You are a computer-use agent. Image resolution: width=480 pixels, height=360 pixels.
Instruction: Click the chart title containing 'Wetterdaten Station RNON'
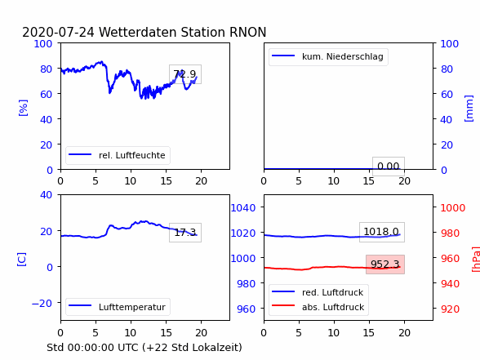[x=144, y=32]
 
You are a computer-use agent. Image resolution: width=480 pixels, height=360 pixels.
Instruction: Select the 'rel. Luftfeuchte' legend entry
[x=117, y=155]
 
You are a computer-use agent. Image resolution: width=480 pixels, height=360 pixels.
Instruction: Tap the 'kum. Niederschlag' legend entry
[x=327, y=56]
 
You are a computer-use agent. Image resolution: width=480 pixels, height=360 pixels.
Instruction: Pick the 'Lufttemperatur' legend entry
[x=117, y=307]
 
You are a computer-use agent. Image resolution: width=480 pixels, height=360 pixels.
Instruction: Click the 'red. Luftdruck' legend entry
[x=318, y=292]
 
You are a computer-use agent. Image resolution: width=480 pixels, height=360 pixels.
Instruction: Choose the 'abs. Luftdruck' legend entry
[x=318, y=307]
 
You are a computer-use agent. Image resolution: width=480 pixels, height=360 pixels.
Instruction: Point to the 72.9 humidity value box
[x=185, y=74]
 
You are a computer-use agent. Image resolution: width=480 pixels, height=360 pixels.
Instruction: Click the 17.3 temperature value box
[x=185, y=233]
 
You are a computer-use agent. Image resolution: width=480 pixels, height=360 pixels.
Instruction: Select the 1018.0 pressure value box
[x=382, y=232]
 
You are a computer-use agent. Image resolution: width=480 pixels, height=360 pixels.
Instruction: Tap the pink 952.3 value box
[x=385, y=264]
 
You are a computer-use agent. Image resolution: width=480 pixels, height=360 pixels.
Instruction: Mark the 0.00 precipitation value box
[x=389, y=167]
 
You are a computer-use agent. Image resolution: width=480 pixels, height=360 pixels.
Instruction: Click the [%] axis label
[x=23, y=108]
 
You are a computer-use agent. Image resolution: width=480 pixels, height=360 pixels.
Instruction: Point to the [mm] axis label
[x=469, y=109]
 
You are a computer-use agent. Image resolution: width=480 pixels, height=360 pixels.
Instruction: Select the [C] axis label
[x=21, y=260]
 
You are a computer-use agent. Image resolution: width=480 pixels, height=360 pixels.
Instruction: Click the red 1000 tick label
[x=453, y=208]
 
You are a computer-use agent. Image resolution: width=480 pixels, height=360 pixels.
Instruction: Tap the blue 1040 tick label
[x=243, y=208]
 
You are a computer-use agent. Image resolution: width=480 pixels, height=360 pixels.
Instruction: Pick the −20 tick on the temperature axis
[x=42, y=303]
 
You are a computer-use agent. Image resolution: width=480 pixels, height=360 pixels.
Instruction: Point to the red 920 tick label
[x=450, y=309]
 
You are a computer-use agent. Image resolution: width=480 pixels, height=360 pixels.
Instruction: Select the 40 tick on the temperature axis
[x=46, y=194]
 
